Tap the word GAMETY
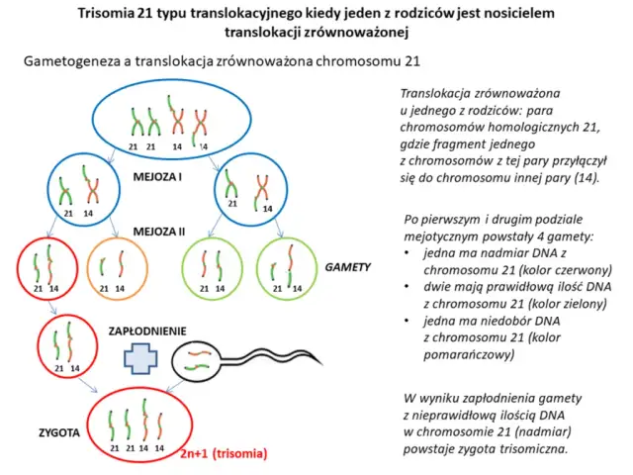tap(349, 267)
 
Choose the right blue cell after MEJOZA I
tap(246, 186)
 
